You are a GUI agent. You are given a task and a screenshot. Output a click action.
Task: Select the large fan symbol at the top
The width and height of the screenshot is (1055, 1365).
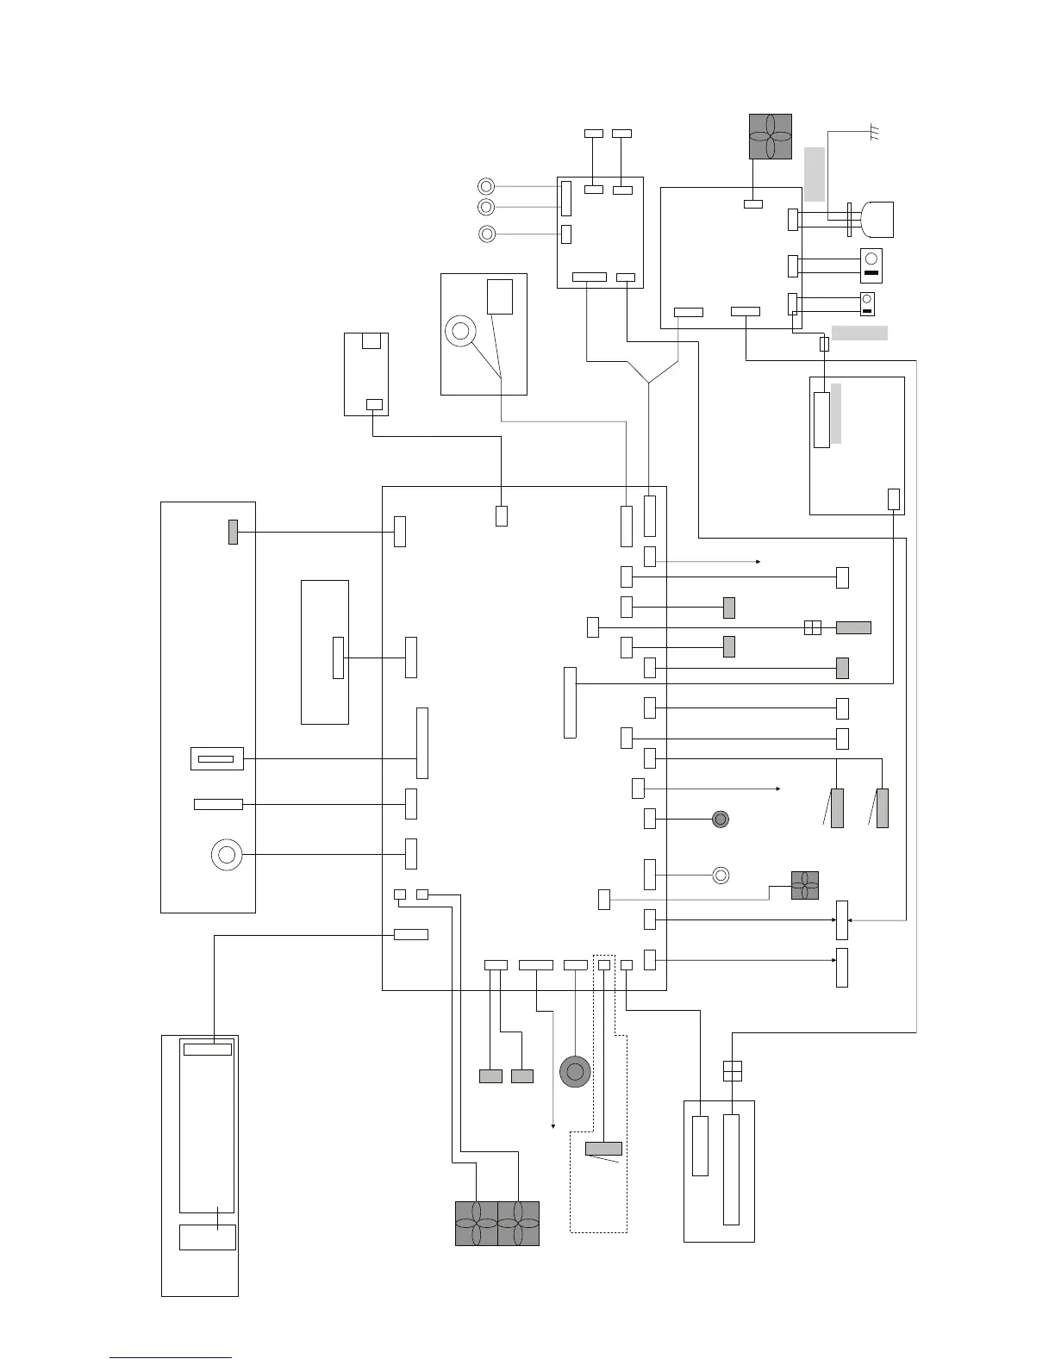(x=770, y=136)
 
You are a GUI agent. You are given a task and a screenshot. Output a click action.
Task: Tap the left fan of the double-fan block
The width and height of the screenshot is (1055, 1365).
(x=476, y=1224)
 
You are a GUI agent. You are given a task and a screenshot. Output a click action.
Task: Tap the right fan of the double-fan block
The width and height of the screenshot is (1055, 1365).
(x=518, y=1224)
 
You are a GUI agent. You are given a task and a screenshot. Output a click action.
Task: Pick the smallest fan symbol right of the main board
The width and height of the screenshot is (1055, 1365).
(x=805, y=886)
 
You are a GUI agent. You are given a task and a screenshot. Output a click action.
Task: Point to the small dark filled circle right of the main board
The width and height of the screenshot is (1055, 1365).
(x=721, y=819)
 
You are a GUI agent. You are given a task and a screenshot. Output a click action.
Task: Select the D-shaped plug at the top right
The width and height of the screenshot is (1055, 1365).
(x=877, y=220)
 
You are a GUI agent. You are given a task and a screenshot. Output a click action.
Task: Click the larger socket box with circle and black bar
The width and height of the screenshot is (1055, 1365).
(x=871, y=265)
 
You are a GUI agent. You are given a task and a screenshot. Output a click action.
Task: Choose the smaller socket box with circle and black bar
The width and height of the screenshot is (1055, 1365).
(x=868, y=303)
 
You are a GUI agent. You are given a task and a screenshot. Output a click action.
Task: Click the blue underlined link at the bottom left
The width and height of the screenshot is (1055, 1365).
(x=171, y=1357)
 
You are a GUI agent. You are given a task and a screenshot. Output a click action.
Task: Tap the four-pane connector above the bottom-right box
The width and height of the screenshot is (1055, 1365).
(x=732, y=1070)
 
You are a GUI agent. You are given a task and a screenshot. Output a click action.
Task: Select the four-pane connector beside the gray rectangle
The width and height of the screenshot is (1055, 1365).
(x=812, y=627)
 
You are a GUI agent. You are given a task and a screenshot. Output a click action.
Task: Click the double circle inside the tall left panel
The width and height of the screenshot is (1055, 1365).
(x=227, y=855)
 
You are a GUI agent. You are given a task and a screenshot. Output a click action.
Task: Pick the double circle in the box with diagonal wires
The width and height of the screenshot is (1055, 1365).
(x=460, y=331)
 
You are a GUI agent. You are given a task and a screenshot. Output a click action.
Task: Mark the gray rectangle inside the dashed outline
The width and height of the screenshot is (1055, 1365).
(x=603, y=1148)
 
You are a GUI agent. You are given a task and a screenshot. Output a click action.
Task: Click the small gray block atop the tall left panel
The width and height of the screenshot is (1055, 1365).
(x=233, y=532)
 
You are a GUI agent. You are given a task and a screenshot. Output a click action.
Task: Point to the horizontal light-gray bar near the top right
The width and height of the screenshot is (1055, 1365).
(x=859, y=333)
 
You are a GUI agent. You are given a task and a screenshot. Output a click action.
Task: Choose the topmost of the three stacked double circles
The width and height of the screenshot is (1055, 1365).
(x=486, y=186)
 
